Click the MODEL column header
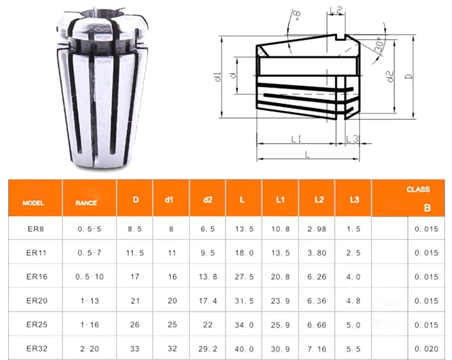click(x=33, y=203)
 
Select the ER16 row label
click(x=37, y=277)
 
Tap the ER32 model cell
click(x=37, y=348)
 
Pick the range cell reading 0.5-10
click(x=89, y=277)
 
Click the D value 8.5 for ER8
click(x=135, y=229)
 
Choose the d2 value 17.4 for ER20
click(x=207, y=301)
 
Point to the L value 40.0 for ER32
click(x=244, y=349)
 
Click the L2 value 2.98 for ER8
click(x=317, y=229)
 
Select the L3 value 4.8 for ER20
click(x=353, y=301)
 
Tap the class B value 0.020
click(x=426, y=349)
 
